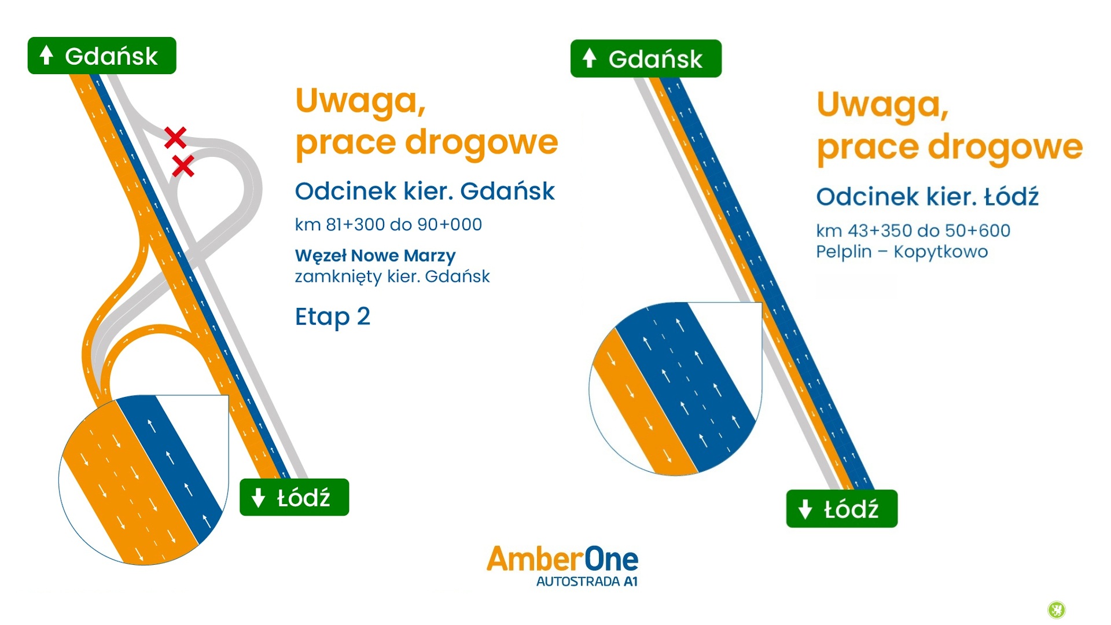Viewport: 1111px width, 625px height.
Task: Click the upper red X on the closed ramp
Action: point(175,138)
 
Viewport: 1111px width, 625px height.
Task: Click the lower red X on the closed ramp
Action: point(183,167)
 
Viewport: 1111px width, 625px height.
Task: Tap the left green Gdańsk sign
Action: point(102,56)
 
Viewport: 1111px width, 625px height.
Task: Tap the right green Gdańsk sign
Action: point(646,58)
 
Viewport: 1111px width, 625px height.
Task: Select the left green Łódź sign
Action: point(294,497)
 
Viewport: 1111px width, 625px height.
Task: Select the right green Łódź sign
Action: point(842,509)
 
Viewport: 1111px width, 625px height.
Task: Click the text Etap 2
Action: point(333,317)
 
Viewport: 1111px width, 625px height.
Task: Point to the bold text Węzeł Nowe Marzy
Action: point(376,256)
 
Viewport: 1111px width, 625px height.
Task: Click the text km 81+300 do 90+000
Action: point(388,225)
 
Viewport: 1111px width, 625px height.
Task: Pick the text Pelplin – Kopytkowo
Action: point(902,252)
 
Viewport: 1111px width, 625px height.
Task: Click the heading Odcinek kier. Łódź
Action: point(928,197)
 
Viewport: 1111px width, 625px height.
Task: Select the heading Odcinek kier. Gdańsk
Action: point(425,191)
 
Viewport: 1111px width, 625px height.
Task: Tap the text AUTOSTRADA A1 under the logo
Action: point(587,582)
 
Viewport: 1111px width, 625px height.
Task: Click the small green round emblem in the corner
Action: point(1057,609)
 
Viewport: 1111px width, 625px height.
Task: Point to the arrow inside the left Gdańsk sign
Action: point(46,56)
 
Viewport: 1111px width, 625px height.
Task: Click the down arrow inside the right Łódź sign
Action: point(805,509)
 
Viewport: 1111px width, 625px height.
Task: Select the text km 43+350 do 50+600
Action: point(913,231)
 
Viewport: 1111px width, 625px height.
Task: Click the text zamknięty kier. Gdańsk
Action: point(392,277)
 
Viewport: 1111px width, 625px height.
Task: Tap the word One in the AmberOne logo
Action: point(612,559)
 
